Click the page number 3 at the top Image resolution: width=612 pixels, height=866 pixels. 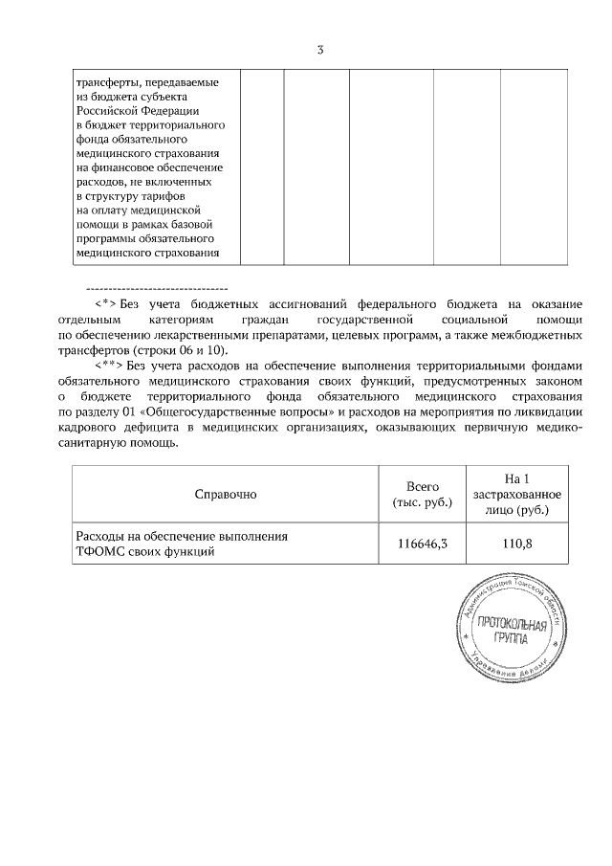pyautogui.click(x=320, y=50)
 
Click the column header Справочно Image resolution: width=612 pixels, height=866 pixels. pyautogui.click(x=226, y=494)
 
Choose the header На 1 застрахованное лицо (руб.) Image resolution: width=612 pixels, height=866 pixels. pyautogui.click(x=517, y=494)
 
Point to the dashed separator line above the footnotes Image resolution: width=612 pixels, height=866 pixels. pyautogui.click(x=157, y=287)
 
